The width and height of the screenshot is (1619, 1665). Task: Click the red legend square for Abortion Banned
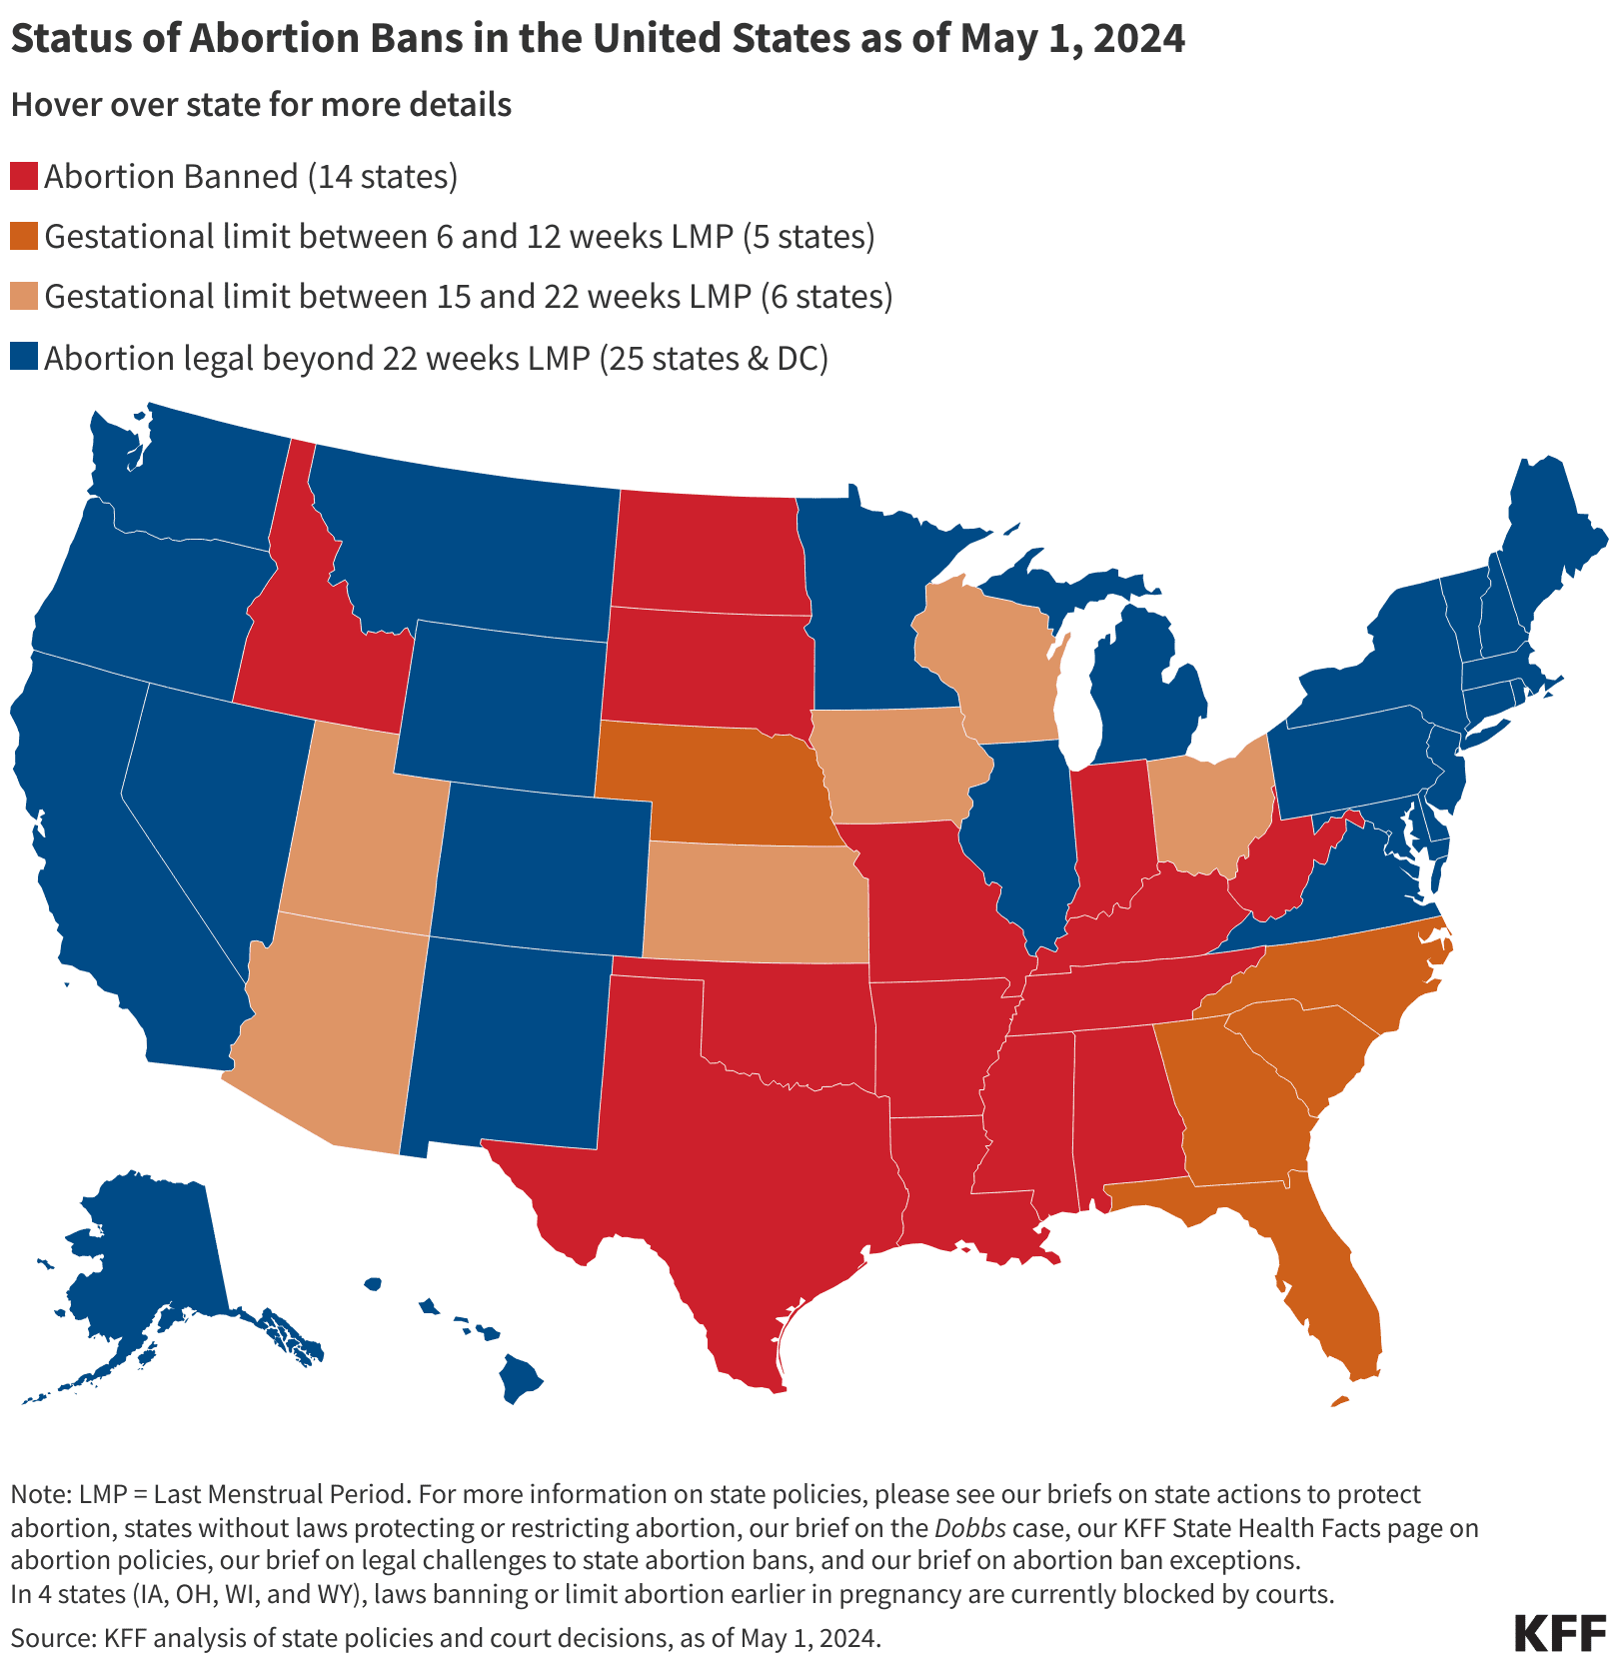tap(24, 177)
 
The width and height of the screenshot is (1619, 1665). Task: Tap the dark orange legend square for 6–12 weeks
tap(24, 237)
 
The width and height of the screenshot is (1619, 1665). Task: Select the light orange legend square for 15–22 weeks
tap(24, 297)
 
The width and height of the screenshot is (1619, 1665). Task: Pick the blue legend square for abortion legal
tap(24, 358)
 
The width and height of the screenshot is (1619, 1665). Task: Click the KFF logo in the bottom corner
tap(1559, 1633)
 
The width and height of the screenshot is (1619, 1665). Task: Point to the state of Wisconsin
tap(989, 660)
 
